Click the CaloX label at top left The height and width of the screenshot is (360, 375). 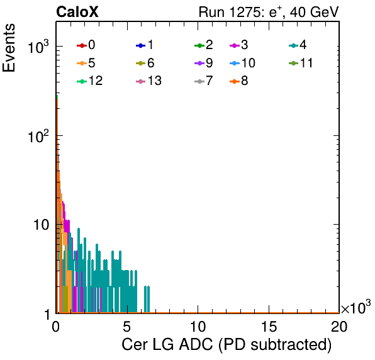point(77,12)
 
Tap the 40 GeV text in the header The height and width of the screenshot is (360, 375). point(314,12)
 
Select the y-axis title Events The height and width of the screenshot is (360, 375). point(9,48)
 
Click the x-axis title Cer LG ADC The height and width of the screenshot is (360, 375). point(167,344)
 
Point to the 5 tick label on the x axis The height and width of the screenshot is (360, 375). point(126,326)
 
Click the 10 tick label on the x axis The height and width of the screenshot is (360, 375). point(198,326)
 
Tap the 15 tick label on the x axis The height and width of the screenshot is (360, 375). point(269,326)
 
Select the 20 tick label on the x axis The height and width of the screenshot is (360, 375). point(339,326)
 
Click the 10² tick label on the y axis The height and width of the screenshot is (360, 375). point(38,137)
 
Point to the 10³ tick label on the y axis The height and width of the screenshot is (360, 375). point(38,47)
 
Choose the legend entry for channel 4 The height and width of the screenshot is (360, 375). point(298,45)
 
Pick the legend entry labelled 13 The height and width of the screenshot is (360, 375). point(148,81)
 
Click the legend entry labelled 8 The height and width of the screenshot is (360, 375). point(239,81)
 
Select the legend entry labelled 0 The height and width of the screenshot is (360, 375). point(86,45)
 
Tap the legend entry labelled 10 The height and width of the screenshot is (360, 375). point(242,63)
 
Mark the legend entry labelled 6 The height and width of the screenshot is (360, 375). point(145,63)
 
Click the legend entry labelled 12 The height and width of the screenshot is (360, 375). point(90,81)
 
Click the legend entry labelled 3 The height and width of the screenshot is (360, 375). point(239,45)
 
